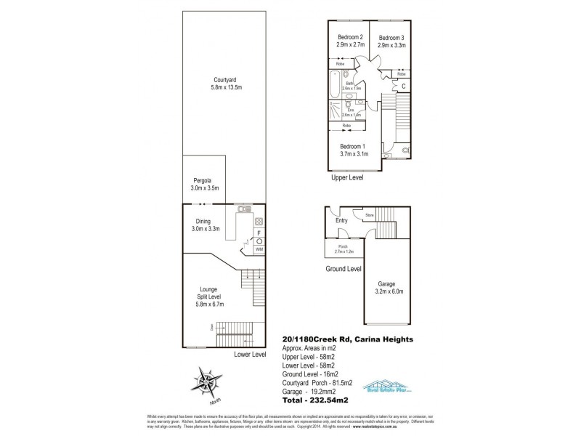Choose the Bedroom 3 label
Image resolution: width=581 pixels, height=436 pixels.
(x=391, y=41)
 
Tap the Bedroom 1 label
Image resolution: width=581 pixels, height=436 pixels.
(x=354, y=150)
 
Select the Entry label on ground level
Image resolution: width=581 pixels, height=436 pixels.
(x=341, y=222)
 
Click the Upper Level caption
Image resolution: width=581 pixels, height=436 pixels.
(x=346, y=177)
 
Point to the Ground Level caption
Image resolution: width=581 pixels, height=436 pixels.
(x=344, y=268)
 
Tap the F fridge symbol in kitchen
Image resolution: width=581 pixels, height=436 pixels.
(x=259, y=232)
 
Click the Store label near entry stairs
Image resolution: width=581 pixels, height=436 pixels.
(x=369, y=215)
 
